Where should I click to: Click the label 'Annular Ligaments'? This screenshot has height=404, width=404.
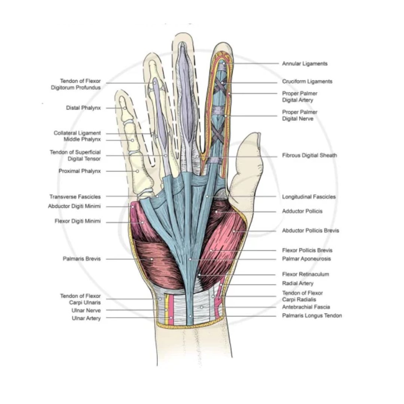point(304,64)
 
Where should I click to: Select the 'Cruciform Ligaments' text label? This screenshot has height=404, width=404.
point(307,82)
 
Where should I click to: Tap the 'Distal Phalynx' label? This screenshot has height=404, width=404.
point(83,108)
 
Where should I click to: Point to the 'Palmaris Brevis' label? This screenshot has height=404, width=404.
point(82,259)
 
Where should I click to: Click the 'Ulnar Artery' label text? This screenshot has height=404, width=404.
point(86,318)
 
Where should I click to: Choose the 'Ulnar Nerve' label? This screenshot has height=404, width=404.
point(86,310)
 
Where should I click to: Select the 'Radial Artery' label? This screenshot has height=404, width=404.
point(298,284)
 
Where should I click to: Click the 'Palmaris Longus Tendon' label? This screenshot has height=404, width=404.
point(312,316)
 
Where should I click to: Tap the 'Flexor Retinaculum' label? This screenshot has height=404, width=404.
point(305,274)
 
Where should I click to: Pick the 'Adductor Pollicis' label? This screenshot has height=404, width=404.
point(302,211)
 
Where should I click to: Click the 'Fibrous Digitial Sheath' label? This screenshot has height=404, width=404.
point(309,155)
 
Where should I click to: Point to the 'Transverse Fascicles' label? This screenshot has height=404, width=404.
point(75,197)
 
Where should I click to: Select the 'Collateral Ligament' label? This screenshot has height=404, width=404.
point(77,133)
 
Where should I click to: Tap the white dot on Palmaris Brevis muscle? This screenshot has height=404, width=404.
point(152,259)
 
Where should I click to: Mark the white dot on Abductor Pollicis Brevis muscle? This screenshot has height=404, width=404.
point(234,231)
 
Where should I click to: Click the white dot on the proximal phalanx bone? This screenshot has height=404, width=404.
point(138,171)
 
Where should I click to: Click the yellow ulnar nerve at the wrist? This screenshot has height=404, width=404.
point(166,310)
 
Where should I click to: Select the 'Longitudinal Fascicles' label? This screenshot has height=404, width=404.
point(309,197)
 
